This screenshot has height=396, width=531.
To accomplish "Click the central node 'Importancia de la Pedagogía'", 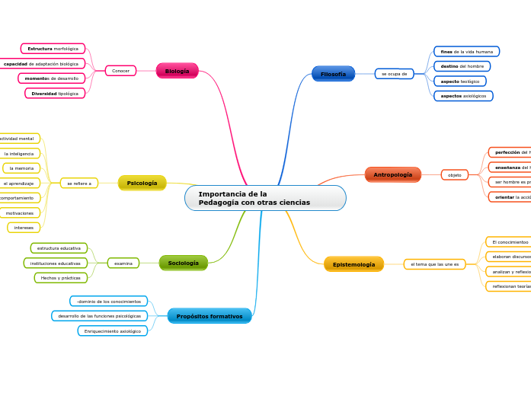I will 264,198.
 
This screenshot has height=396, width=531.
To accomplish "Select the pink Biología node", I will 177,71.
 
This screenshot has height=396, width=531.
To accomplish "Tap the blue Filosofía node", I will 333,74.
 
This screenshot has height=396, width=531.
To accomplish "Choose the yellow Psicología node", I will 142,183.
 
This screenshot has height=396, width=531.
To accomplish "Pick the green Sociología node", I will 183,263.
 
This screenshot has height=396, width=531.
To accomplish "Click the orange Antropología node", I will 392,174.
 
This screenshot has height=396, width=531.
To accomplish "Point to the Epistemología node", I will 353,264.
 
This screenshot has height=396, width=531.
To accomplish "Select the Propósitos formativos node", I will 209,316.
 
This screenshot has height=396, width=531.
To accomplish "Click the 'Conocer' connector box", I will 120,71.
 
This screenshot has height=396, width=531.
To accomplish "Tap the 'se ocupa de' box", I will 394,74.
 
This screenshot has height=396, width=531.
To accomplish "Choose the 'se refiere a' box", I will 78,183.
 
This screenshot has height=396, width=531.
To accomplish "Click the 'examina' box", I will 123,263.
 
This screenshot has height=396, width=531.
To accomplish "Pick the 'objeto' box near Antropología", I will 454,174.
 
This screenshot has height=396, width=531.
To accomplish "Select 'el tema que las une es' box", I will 434,264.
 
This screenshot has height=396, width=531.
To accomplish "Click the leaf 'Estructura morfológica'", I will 53,49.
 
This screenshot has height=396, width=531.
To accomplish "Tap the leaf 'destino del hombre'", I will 462,66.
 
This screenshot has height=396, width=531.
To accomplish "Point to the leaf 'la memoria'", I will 21,168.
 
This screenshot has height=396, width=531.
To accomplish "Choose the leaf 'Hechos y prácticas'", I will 60,278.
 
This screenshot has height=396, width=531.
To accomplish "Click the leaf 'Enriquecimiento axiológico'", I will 112,331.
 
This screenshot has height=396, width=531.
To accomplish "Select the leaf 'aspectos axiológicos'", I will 462,96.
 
